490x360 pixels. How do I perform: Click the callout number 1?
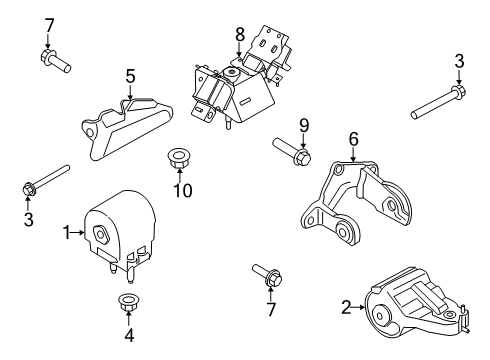point(67,233)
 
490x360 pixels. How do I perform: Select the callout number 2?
point(346,307)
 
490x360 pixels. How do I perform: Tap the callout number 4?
point(129,335)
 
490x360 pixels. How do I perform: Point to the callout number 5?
point(131,76)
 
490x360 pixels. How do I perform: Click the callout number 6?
point(353,139)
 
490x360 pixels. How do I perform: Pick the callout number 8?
point(240,35)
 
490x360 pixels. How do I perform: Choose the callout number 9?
point(304,126)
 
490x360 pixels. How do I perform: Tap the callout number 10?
point(183,191)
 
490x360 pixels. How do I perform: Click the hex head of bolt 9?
point(303,157)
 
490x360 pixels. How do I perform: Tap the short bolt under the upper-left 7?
point(55,60)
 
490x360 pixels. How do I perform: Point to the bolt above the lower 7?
point(268,275)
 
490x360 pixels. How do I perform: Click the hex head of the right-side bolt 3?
point(459,91)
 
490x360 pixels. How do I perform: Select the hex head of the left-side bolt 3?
point(29,189)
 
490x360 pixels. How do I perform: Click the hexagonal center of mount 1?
point(101,234)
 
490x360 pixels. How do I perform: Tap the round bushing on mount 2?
point(380,316)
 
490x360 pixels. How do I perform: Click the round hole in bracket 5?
point(90,133)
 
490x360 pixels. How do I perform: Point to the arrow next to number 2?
point(358,307)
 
